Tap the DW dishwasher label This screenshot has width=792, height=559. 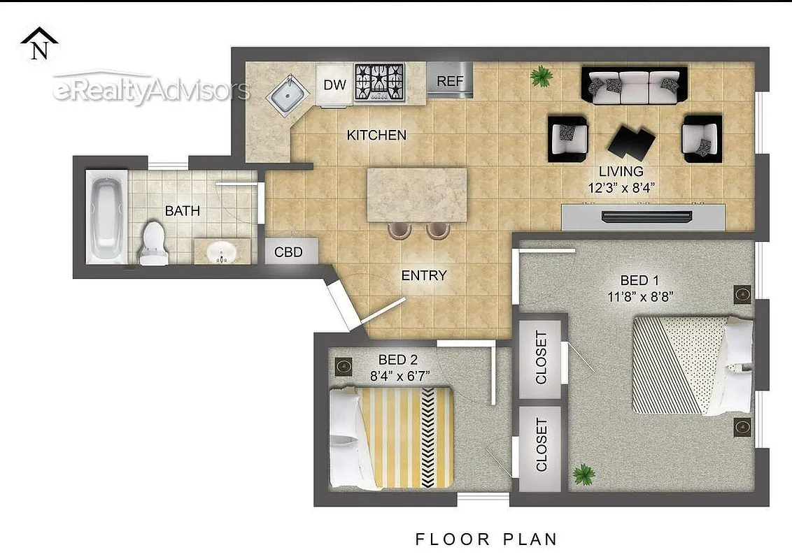(x=335, y=85)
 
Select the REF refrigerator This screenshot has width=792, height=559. (x=450, y=81)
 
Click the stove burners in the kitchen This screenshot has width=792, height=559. (x=380, y=82)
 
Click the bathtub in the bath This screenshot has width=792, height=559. (x=106, y=218)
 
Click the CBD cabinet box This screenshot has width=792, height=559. (x=289, y=252)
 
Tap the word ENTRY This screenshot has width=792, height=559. (x=423, y=276)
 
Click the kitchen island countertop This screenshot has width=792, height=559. (x=417, y=194)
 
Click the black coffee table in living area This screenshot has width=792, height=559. (x=632, y=143)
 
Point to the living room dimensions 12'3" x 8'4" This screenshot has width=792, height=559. (x=621, y=187)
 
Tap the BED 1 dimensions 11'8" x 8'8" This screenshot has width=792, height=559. (x=641, y=296)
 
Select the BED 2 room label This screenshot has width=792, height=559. (x=397, y=360)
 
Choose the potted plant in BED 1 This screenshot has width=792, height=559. (x=583, y=475)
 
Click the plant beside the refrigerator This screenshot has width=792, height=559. (x=541, y=76)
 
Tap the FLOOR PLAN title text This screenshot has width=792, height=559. (x=487, y=539)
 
